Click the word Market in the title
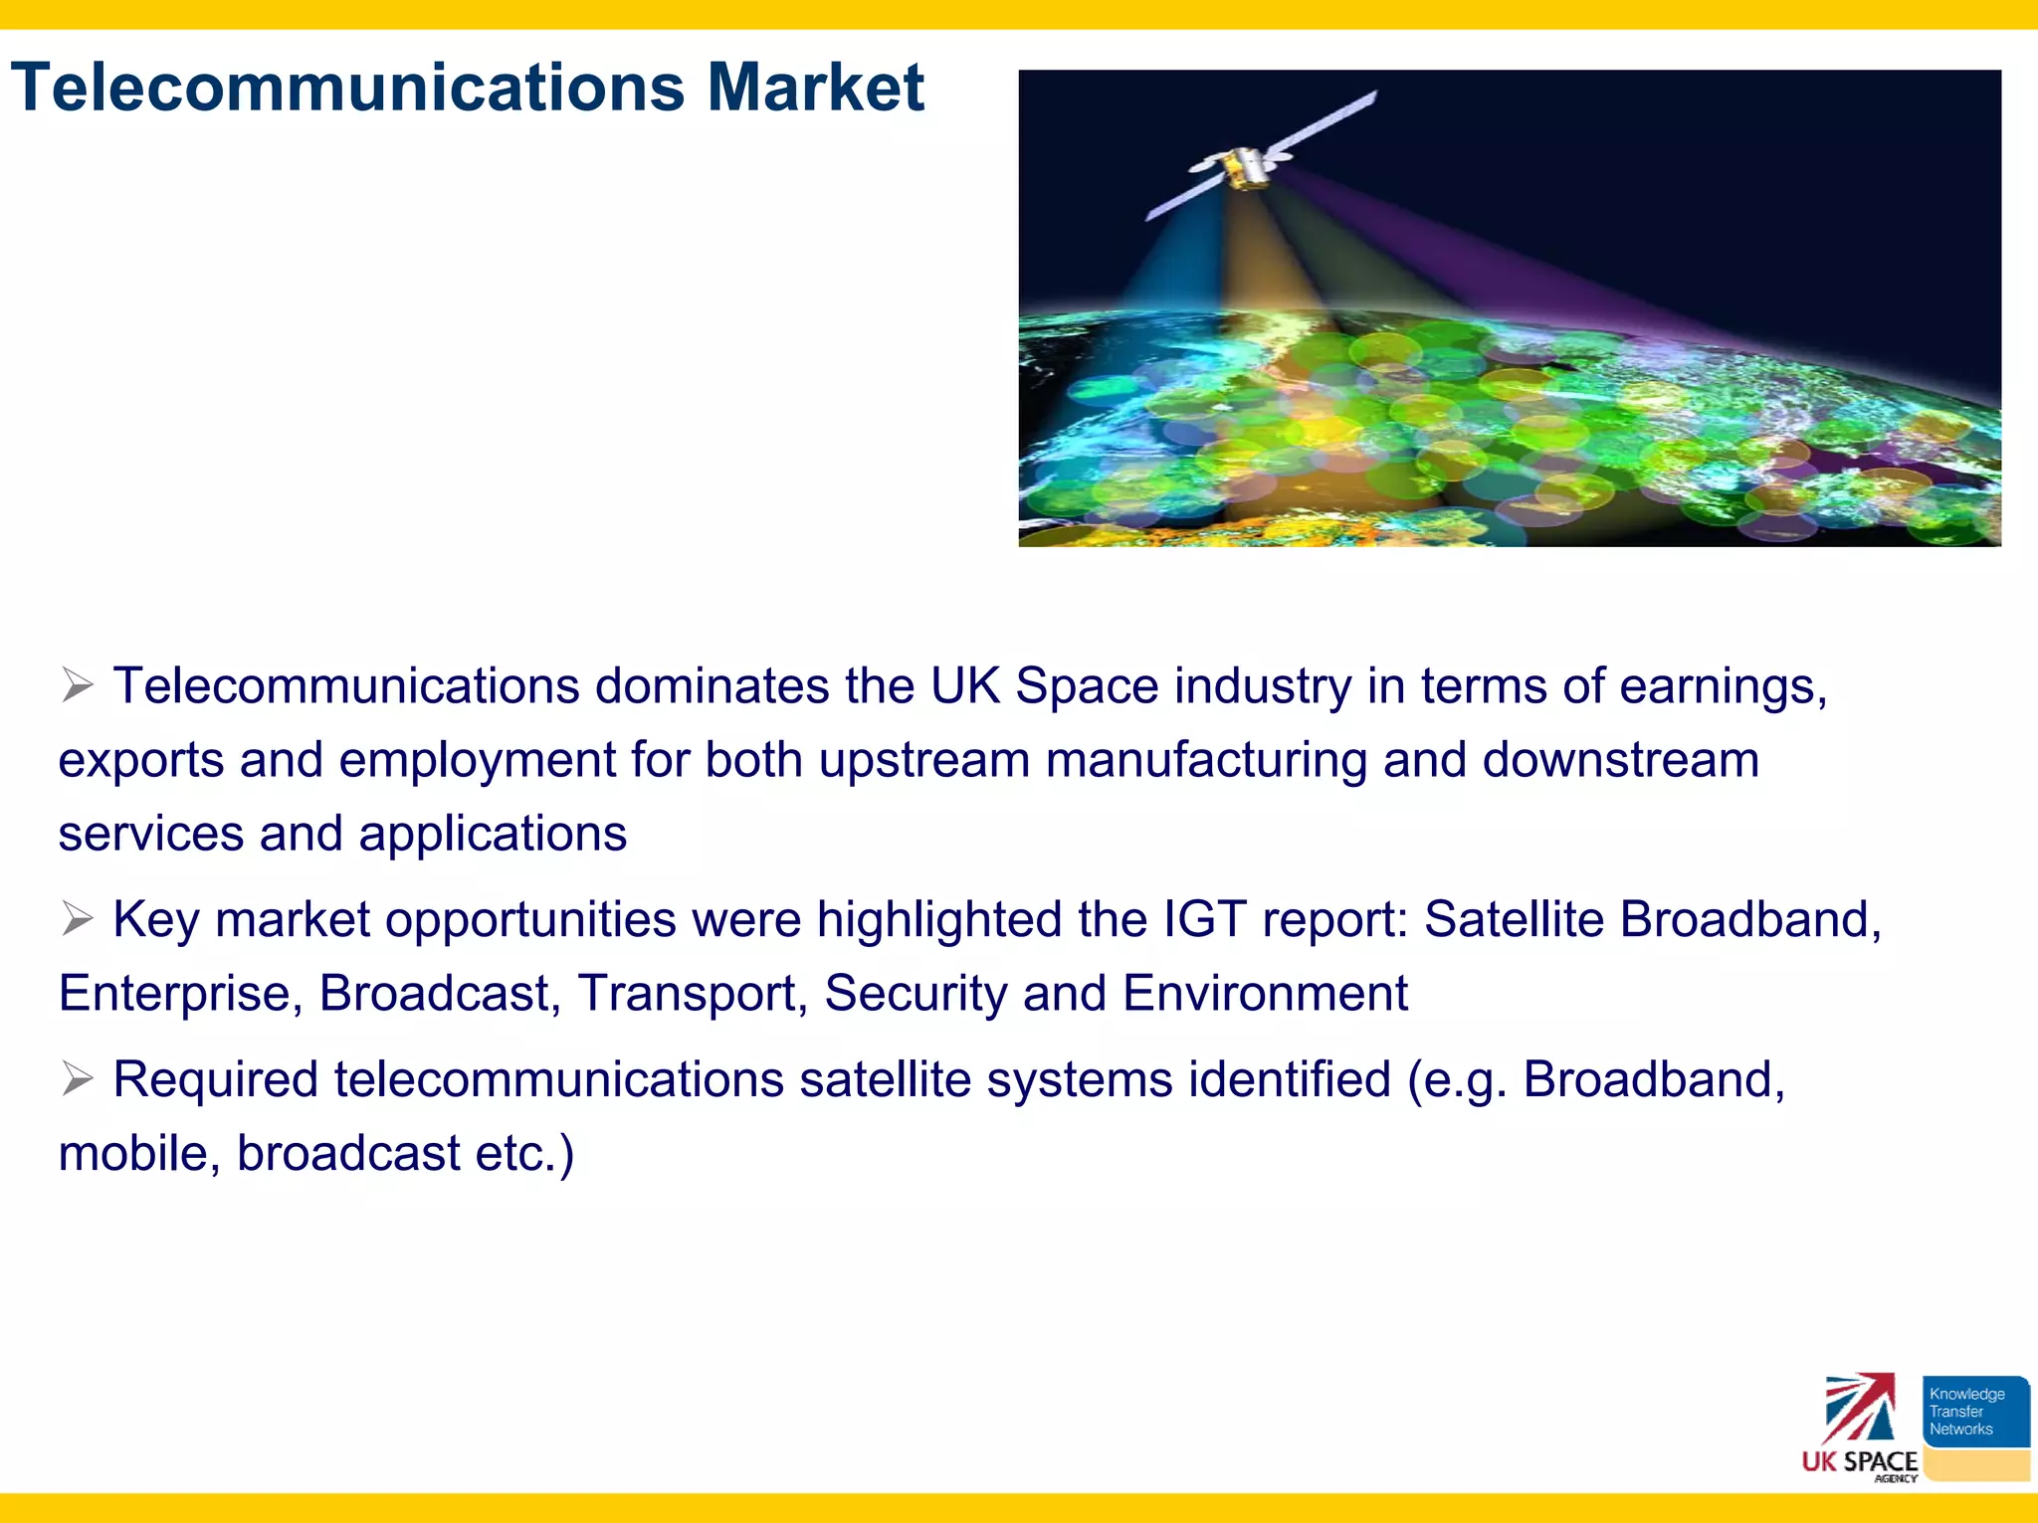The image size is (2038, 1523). (815, 88)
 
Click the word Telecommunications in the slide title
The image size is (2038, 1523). (348, 88)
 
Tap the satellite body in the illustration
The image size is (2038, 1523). (1246, 167)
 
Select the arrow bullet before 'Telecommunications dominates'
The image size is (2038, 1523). (77, 685)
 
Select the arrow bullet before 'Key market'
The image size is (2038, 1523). (77, 918)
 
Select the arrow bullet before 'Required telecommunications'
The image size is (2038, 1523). (77, 1078)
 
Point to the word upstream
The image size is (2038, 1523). (923, 761)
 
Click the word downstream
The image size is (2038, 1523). (1620, 761)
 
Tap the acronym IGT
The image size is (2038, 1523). (1204, 919)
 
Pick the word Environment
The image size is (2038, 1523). (1265, 994)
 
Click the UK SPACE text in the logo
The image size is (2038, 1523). (1859, 1461)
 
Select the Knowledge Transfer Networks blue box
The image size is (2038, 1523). (1974, 1411)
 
